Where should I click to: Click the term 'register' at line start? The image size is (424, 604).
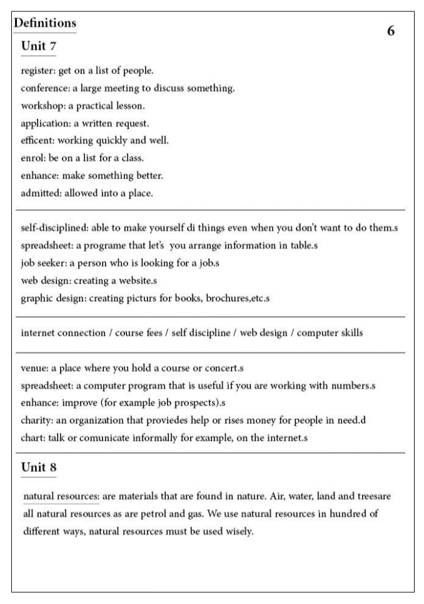[x=36, y=70]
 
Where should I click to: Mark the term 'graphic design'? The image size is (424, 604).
[x=49, y=299]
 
